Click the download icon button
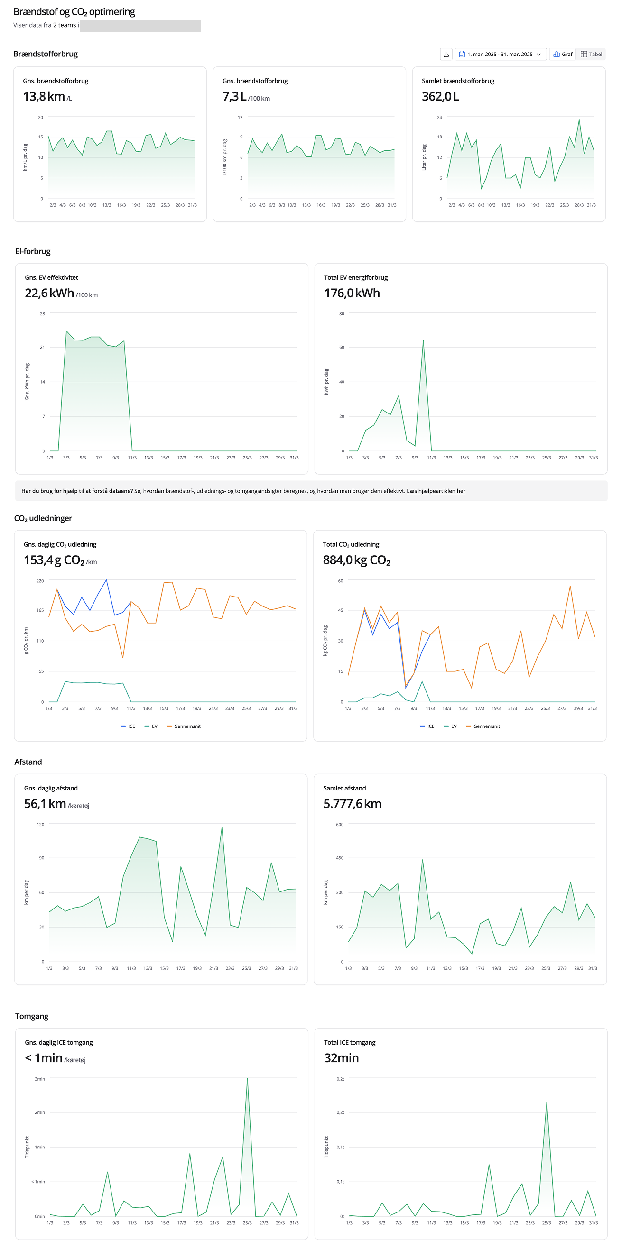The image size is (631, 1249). tap(445, 55)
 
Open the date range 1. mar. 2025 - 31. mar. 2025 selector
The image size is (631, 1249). tap(500, 55)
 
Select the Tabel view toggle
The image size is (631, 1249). tap(591, 55)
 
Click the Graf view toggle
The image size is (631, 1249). tap(563, 55)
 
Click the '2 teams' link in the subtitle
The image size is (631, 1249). tap(65, 25)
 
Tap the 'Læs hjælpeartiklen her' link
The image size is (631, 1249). tap(436, 491)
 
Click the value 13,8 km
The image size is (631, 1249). tap(44, 96)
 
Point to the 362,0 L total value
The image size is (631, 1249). tap(440, 96)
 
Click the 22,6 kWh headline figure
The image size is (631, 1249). tap(49, 293)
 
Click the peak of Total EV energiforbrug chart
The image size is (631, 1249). tap(423, 341)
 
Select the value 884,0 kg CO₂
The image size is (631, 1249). tap(356, 560)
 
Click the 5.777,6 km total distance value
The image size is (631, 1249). tap(352, 804)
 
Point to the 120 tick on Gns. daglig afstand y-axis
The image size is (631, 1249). tap(41, 824)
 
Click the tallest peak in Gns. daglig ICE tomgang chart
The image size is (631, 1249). tap(247, 1079)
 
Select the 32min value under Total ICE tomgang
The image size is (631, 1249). tap(342, 1058)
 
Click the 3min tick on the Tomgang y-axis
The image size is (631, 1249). tap(40, 1079)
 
